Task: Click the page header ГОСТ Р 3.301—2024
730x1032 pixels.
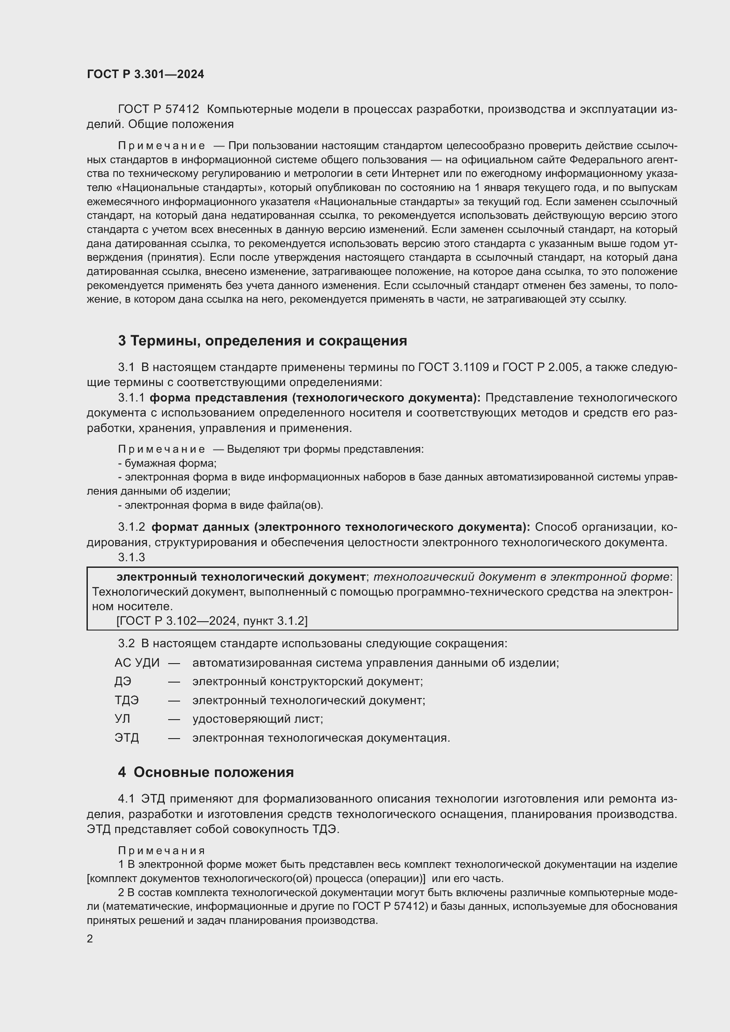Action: click(145, 75)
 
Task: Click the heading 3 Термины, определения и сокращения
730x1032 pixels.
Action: click(262, 341)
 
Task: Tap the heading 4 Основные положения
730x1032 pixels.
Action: click(205, 772)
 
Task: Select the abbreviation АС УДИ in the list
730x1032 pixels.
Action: click(137, 663)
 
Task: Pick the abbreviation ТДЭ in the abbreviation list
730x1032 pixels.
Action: click(126, 700)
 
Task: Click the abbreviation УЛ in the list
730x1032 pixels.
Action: click(122, 719)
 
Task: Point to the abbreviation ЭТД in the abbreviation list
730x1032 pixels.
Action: click(126, 738)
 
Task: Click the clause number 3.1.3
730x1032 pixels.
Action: click(131, 557)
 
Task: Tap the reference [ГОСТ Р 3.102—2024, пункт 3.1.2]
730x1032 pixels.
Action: click(212, 621)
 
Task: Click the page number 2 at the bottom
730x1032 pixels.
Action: click(90, 938)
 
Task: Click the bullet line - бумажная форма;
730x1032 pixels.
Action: click(167, 463)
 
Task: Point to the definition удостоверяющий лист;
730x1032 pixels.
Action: click(258, 719)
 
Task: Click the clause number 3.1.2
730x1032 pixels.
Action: click(131, 527)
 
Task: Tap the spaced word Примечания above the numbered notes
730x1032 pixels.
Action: click(162, 850)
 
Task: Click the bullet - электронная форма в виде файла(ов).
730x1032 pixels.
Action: click(220, 505)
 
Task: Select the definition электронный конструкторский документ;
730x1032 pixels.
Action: click(308, 681)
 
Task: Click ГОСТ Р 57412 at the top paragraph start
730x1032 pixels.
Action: click(158, 109)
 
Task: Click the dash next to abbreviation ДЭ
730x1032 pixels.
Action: click(174, 682)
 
